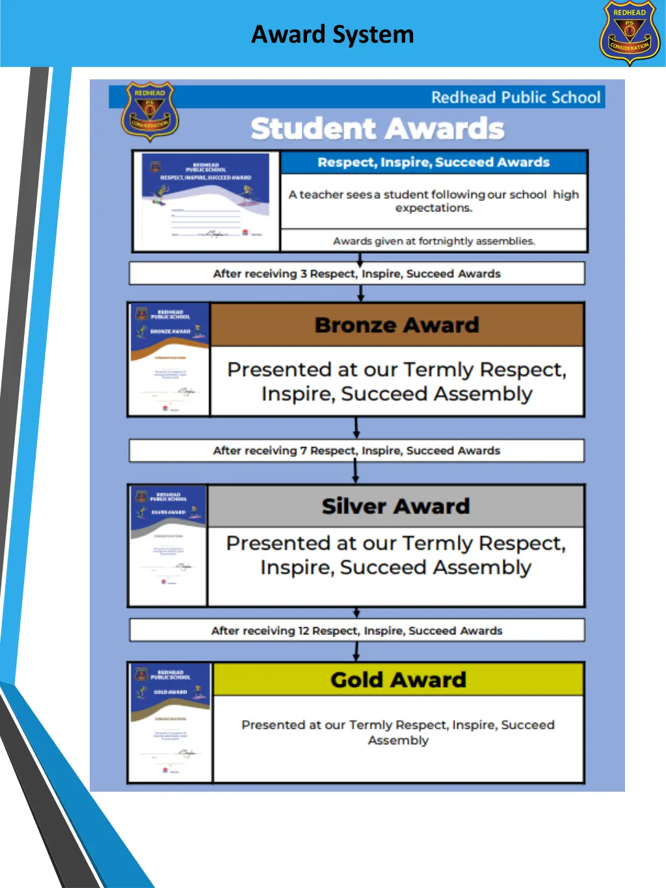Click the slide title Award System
pyautogui.click(x=332, y=34)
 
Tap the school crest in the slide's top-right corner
pyautogui.click(x=629, y=33)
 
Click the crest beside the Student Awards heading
pyautogui.click(x=150, y=111)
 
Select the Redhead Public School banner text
pyautogui.click(x=515, y=98)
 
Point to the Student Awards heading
pyautogui.click(x=377, y=129)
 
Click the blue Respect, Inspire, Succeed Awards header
pyautogui.click(x=433, y=163)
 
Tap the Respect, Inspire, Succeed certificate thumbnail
pyautogui.click(x=206, y=201)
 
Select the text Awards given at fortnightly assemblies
pyautogui.click(x=434, y=241)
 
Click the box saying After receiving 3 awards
pyautogui.click(x=356, y=274)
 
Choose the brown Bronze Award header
pyautogui.click(x=397, y=325)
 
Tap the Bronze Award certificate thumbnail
pyautogui.click(x=169, y=359)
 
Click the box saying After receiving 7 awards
pyautogui.click(x=356, y=451)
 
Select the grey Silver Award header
pyautogui.click(x=395, y=506)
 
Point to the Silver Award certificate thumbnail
pyautogui.click(x=168, y=545)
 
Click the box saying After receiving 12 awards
pyautogui.click(x=356, y=630)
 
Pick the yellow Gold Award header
pyautogui.click(x=398, y=680)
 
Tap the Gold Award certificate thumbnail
pyautogui.click(x=170, y=722)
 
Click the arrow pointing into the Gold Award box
pyautogui.click(x=356, y=652)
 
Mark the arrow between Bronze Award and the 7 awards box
pyautogui.click(x=356, y=428)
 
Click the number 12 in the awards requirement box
pyautogui.click(x=304, y=631)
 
